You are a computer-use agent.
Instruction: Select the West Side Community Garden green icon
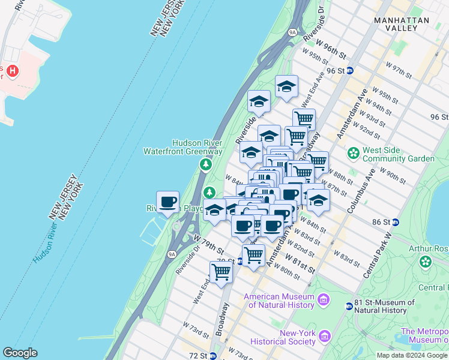354,154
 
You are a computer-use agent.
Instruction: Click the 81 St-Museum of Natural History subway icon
349,306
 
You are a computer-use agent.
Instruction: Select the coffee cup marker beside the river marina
167,202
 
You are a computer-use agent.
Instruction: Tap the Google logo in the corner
20,353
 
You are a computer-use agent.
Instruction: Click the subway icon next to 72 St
212,356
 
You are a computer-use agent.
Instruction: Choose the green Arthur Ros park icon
426,262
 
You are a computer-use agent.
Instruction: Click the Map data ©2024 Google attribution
411,355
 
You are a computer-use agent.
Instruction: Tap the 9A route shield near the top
293,32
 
